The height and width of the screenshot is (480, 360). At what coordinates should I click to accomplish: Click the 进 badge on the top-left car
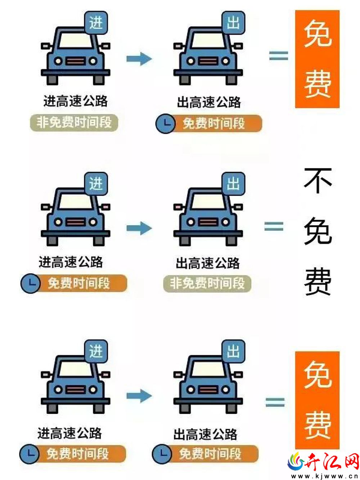point(96,23)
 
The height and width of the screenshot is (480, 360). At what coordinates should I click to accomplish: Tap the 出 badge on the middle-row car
point(233,184)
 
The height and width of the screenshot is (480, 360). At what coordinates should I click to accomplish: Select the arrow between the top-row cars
point(139,59)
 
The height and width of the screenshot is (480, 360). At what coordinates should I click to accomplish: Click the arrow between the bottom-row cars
point(139,396)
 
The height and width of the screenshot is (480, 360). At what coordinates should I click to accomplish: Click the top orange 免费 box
point(318,59)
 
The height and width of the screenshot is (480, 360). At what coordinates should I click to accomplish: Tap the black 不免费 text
point(318,232)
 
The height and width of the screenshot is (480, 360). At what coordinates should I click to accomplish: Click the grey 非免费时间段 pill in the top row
point(74,123)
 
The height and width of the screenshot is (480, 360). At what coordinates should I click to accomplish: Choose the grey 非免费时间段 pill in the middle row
point(207,283)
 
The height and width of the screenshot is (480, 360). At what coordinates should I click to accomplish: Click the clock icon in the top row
point(165,124)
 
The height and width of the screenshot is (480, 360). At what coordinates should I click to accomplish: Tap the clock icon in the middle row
point(31,283)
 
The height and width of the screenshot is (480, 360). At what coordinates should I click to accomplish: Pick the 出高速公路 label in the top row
point(209,102)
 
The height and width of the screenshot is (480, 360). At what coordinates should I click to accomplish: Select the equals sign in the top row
point(279,55)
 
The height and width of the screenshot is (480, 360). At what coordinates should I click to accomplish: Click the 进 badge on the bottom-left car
point(96,351)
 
